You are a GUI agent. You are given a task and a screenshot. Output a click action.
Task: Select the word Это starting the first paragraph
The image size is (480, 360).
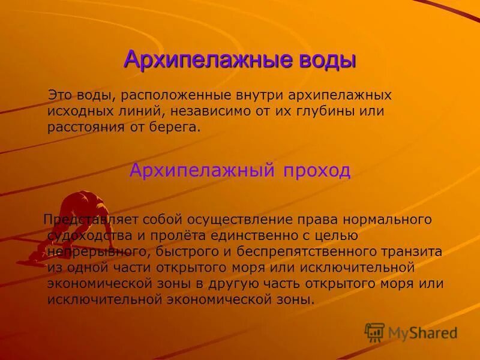point(61,95)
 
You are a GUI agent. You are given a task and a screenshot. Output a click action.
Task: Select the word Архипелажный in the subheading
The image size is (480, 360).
point(197,170)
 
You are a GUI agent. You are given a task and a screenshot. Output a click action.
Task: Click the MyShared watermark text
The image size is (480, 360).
point(422,332)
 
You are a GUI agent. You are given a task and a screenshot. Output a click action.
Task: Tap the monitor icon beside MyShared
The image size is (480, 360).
point(375,332)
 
